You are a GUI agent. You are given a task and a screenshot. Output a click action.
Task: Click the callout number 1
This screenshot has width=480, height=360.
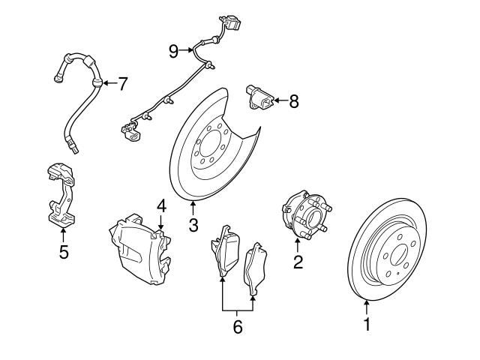(367, 325)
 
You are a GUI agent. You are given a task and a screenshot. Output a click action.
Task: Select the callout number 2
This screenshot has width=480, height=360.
(298, 262)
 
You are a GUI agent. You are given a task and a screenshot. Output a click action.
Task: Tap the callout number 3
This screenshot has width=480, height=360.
(193, 224)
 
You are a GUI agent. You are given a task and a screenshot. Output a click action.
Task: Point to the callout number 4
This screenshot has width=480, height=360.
(160, 205)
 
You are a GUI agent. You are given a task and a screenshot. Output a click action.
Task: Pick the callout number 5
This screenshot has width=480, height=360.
(64, 252)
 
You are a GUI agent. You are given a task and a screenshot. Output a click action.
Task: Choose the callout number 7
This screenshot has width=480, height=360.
(123, 82)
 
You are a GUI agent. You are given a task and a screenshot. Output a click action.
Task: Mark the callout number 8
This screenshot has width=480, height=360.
(293, 100)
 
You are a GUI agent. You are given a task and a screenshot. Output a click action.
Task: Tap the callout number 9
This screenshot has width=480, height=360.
(174, 50)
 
